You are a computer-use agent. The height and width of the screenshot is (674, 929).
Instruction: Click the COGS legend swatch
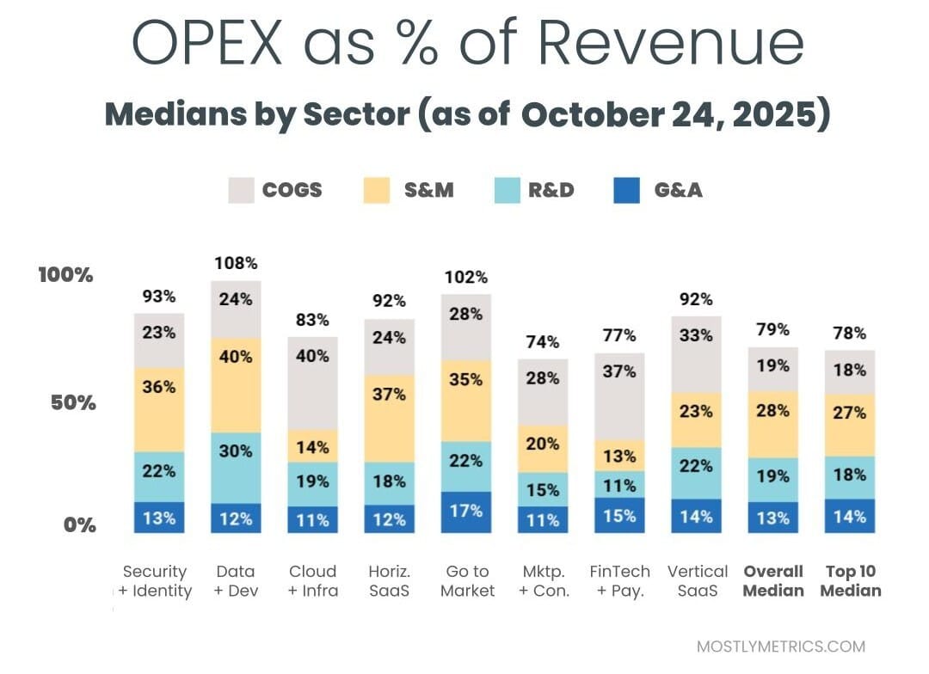click(242, 190)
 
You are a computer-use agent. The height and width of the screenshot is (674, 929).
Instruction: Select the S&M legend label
click(428, 190)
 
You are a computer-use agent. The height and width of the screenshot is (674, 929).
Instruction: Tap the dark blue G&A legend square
click(627, 190)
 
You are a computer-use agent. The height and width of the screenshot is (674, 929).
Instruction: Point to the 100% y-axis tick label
click(65, 275)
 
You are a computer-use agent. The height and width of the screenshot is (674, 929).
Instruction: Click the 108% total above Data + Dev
click(236, 263)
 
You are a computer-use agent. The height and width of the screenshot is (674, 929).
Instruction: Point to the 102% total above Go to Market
click(466, 277)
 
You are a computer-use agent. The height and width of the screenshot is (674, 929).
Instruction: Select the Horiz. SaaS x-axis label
click(390, 581)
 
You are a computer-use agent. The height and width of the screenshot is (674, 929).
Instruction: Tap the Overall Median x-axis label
click(773, 581)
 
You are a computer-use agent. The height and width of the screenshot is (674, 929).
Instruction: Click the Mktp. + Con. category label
click(543, 581)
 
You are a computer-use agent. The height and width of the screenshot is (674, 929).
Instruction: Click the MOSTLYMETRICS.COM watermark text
click(780, 646)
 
